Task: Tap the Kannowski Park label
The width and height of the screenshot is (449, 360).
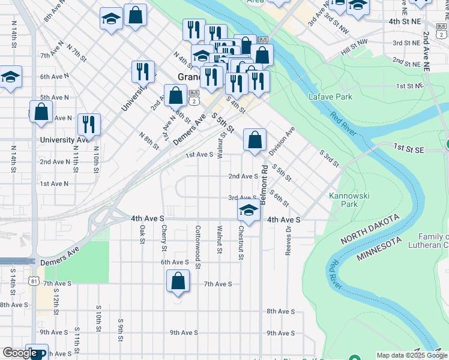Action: tap(343, 200)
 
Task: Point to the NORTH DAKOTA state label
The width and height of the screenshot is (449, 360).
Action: tap(370, 229)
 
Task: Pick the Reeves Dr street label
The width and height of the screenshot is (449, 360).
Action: tap(289, 240)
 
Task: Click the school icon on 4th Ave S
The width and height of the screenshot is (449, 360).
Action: tap(247, 211)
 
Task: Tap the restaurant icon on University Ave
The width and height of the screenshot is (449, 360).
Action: tap(89, 125)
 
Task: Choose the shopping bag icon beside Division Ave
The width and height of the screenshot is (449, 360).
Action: tap(255, 140)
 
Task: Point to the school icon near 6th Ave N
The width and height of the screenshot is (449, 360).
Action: tap(10, 77)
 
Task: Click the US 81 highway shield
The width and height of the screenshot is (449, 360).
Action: tap(35, 281)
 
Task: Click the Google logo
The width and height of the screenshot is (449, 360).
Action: tap(20, 353)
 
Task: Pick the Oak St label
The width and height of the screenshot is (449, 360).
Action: tap(142, 234)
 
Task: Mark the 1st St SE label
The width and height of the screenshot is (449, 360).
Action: tap(409, 146)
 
